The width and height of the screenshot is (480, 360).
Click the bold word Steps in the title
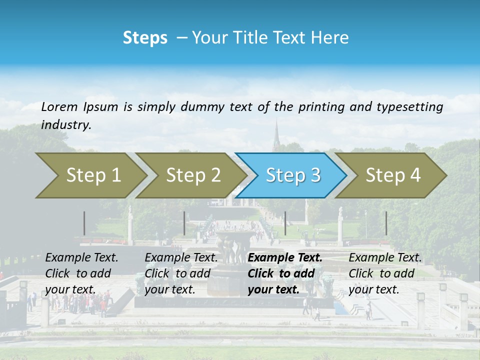tap(145, 37)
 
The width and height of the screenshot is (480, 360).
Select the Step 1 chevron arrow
tap(90, 175)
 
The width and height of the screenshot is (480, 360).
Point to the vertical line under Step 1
tap(84, 223)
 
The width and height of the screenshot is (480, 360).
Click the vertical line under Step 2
tap(184, 223)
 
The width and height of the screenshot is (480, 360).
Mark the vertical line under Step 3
tap(285, 223)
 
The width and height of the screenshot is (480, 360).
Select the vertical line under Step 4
tap(386, 223)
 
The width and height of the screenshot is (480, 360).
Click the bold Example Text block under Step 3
tap(284, 273)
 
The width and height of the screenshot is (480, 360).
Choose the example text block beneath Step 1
tap(81, 273)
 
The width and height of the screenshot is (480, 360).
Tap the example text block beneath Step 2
tap(181, 273)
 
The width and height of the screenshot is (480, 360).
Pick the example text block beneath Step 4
tap(385, 273)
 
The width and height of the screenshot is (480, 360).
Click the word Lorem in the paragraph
tap(59, 107)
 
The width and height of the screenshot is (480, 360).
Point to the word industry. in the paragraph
tap(66, 125)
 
